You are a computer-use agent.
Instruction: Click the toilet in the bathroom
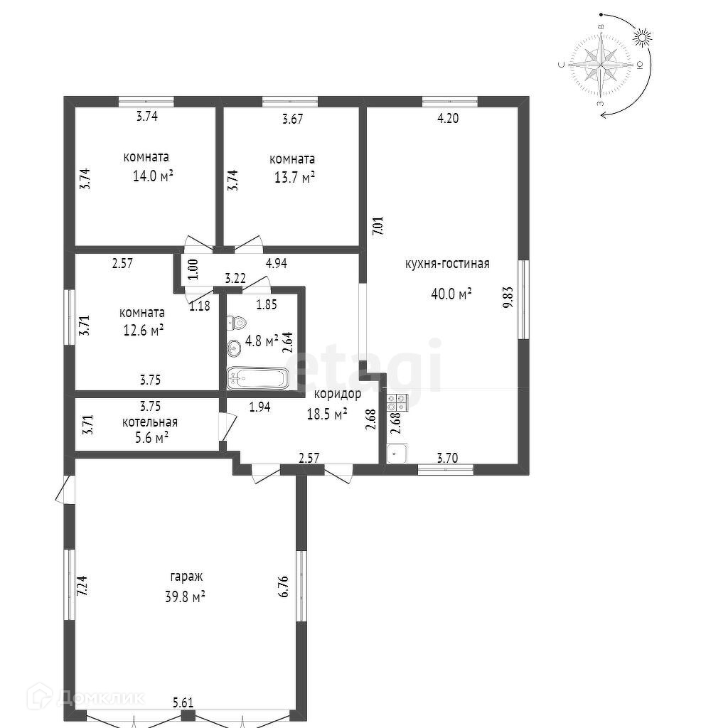[236, 322]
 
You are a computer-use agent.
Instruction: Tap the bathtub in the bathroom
[257, 378]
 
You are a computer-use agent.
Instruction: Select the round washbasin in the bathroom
[233, 347]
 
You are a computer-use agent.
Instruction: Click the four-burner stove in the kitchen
[397, 402]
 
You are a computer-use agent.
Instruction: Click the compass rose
[601, 65]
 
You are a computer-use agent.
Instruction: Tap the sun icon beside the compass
[642, 38]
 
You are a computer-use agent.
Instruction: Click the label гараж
[186, 577]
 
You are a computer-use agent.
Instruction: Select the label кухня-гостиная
[447, 264]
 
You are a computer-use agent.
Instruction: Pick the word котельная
[149, 422]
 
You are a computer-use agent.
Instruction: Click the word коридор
[338, 394]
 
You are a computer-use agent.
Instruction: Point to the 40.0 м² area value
[451, 294]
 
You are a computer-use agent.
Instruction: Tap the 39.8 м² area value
[186, 596]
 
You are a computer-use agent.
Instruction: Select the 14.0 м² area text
[153, 176]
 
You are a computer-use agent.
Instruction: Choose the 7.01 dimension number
[380, 227]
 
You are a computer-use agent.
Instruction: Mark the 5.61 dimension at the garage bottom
[183, 702]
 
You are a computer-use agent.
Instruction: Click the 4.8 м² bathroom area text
[262, 341]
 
